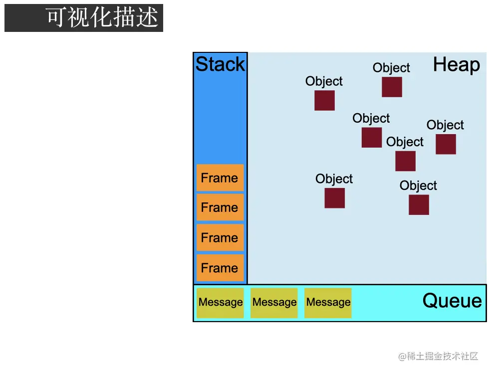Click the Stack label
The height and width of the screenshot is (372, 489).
(220, 64)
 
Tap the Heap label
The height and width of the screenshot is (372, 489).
(456, 65)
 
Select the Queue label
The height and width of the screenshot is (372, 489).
(452, 301)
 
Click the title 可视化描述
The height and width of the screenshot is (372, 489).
(102, 18)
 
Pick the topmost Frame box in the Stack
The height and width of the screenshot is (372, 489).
(220, 178)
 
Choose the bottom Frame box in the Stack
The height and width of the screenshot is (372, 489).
(220, 268)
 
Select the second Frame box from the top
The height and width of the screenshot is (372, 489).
(220, 207)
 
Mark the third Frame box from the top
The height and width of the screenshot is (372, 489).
(220, 238)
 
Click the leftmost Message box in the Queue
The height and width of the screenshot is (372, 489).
(220, 303)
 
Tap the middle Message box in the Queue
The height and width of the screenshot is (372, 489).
(274, 303)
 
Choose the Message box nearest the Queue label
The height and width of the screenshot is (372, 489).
(328, 303)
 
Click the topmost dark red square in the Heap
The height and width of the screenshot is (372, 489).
(392, 87)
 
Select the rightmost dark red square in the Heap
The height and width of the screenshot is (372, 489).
(446, 144)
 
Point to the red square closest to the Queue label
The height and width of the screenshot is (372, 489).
(419, 205)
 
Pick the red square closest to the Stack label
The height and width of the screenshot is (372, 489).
(324, 101)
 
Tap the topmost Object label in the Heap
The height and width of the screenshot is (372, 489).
(391, 68)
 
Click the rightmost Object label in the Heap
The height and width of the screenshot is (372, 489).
(445, 125)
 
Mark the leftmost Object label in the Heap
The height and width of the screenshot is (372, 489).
(324, 81)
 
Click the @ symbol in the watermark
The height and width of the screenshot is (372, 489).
(402, 357)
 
